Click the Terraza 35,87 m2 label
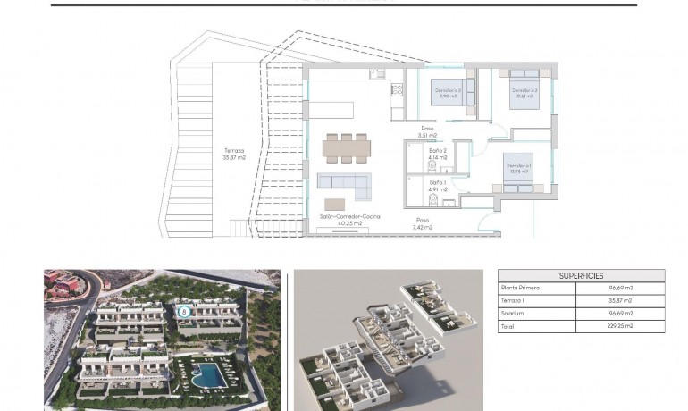[x=234, y=154]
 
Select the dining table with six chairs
[x=346, y=147]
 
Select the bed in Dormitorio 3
[x=449, y=93]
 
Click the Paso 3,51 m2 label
[x=428, y=132]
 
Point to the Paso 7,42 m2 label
[x=423, y=223]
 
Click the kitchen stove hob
[x=397, y=89]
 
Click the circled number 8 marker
[x=185, y=312]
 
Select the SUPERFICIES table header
[x=581, y=275]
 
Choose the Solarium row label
[x=515, y=314]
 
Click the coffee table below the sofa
[x=334, y=205]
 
